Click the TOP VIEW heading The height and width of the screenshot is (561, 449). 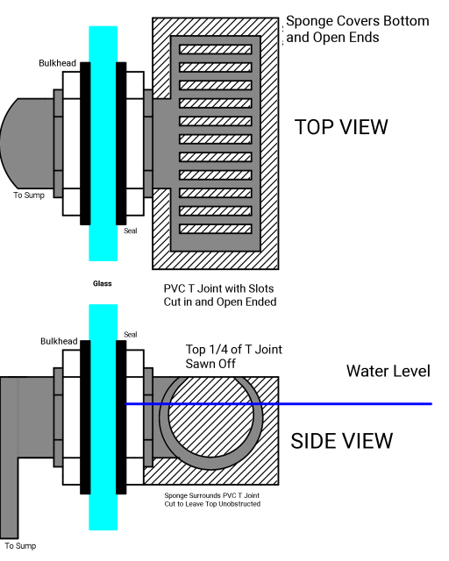pyautogui.click(x=341, y=126)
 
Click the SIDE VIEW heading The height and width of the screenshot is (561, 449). pyautogui.click(x=341, y=440)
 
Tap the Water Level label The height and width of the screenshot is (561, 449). pyautogui.click(x=388, y=371)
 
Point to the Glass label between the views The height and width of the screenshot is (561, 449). pyautogui.click(x=102, y=284)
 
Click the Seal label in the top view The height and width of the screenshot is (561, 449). pyautogui.click(x=131, y=231)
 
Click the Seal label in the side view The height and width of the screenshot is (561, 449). pyautogui.click(x=131, y=334)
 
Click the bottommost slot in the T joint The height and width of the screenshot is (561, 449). pyautogui.click(x=216, y=229)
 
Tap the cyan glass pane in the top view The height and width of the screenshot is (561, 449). pyautogui.click(x=103, y=140)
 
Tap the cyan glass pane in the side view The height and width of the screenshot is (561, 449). pyautogui.click(x=103, y=416)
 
